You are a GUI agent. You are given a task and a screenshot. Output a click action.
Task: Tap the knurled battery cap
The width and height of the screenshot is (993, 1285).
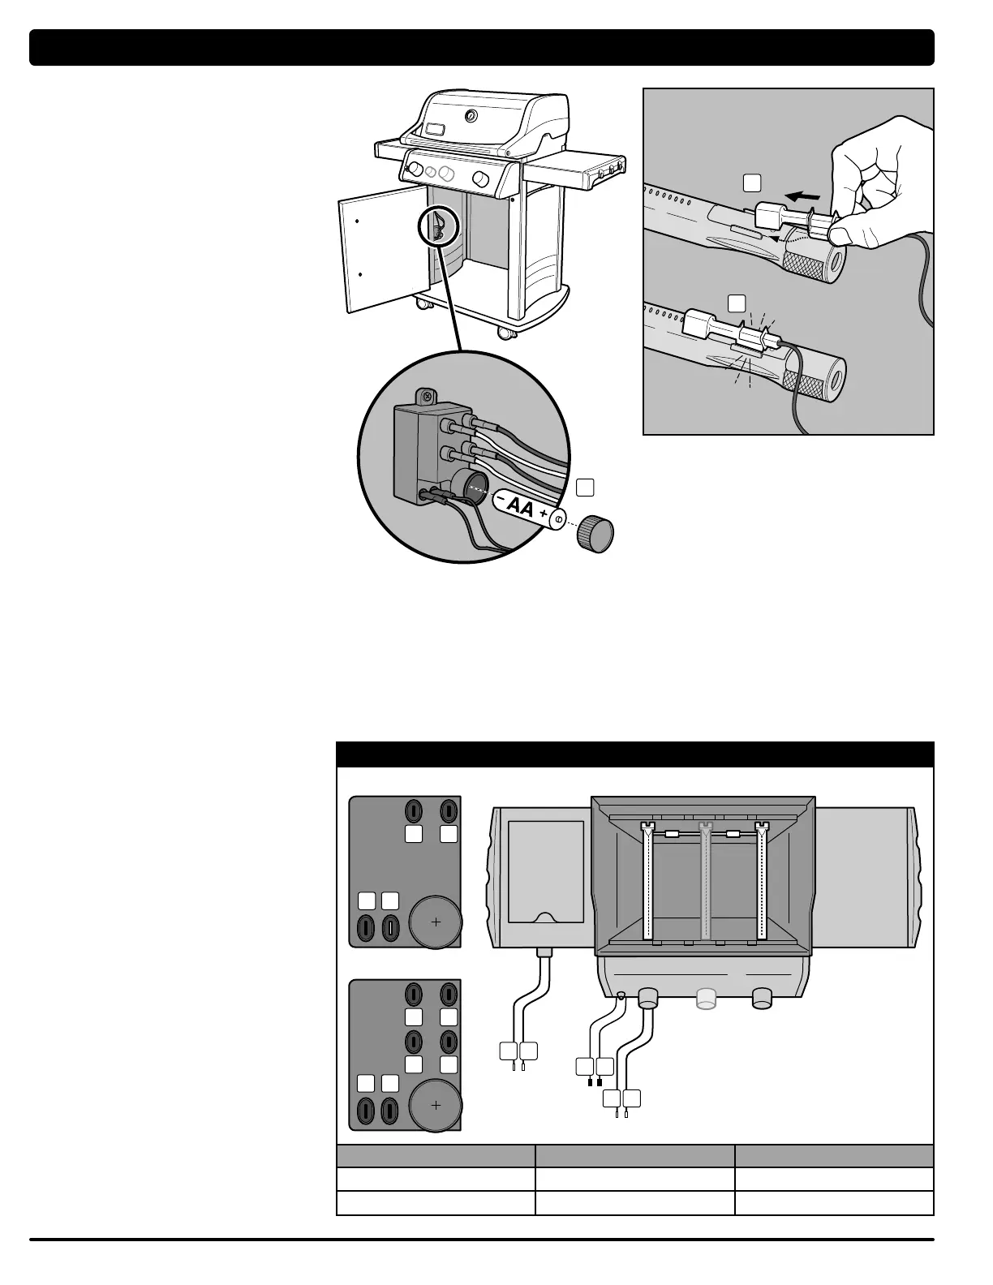[x=595, y=533]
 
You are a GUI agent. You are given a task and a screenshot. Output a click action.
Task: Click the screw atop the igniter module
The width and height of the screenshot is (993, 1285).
[x=422, y=397]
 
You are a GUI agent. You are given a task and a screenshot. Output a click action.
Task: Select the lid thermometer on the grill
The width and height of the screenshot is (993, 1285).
[x=471, y=116]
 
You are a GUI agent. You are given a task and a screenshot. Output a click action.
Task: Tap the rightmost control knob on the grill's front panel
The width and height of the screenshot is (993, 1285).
[x=480, y=178]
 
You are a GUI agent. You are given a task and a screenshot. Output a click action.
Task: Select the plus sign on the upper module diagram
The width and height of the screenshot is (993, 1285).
[x=436, y=922]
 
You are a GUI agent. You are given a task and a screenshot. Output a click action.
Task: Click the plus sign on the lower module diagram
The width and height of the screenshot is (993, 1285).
[x=436, y=1105]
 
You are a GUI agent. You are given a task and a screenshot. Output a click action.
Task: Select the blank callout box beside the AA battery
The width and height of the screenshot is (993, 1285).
[x=585, y=487]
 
